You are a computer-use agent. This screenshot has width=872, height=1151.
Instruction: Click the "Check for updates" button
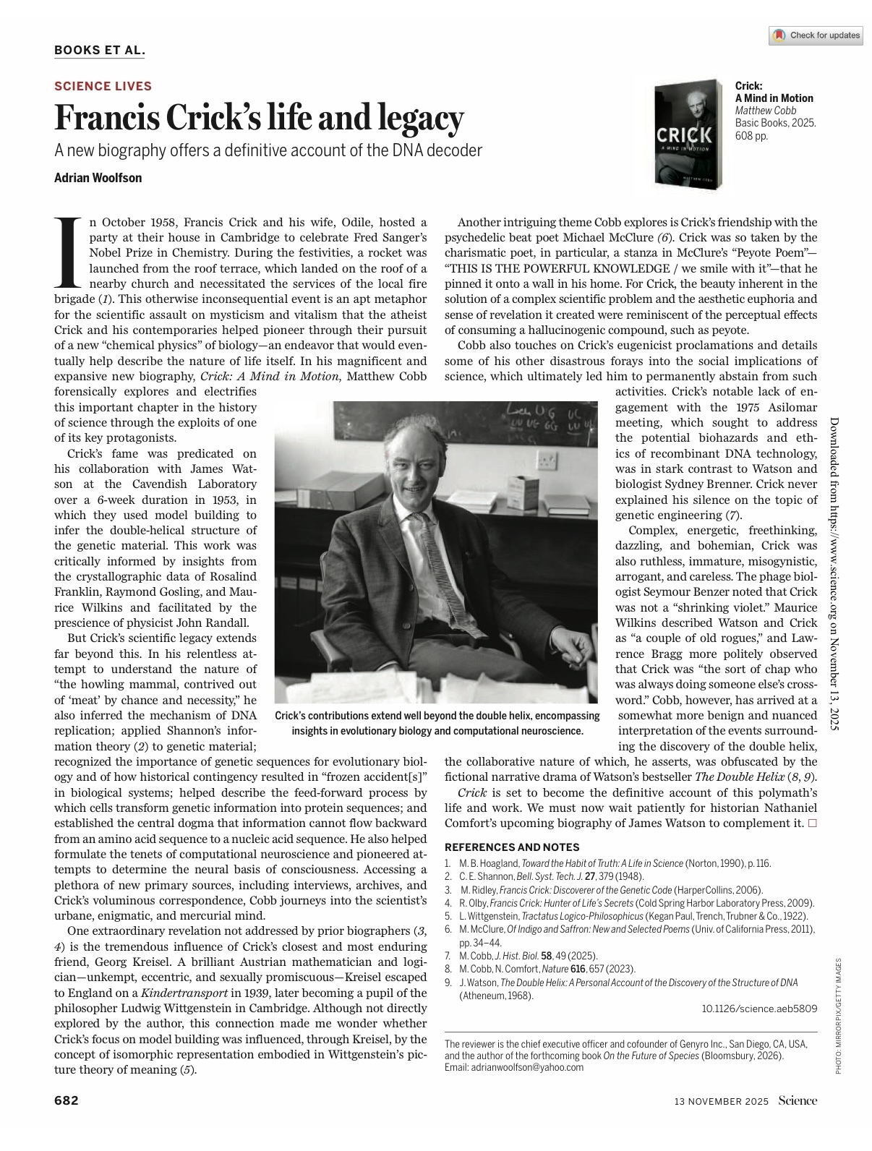(816, 35)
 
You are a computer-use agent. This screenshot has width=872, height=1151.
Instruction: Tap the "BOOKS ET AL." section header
(100, 50)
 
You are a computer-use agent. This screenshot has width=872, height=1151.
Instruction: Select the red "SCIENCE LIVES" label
(103, 86)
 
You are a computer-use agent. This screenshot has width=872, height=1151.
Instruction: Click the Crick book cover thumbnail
(684, 135)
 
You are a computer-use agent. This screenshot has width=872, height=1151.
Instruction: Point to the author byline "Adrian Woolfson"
(98, 178)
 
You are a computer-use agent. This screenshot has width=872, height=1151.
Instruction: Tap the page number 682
(67, 1100)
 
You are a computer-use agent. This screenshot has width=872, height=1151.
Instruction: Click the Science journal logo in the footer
(798, 1100)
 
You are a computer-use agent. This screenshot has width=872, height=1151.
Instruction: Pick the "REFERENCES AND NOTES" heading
(512, 847)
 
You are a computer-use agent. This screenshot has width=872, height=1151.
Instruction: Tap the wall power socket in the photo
(551, 458)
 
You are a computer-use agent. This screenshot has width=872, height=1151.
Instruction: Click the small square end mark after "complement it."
(813, 823)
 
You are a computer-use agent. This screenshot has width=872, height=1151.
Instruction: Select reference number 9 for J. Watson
(449, 983)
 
